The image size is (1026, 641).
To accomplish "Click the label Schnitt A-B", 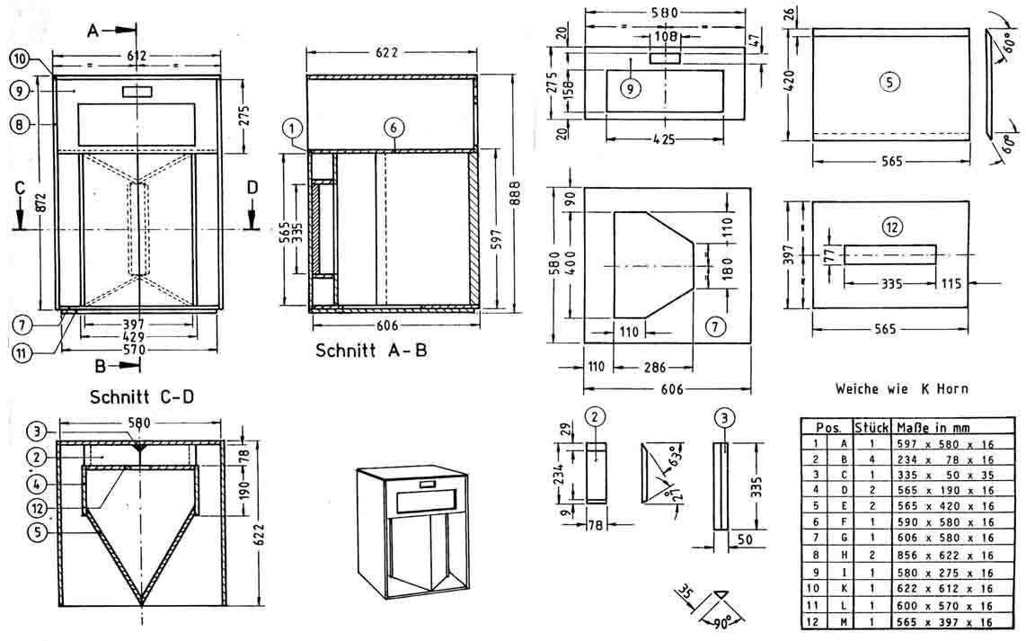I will tap(371, 350).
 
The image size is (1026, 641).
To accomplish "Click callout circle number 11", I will tap(22, 352).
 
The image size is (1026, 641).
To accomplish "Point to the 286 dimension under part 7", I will tap(652, 367).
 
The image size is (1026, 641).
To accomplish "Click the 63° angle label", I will tap(670, 462).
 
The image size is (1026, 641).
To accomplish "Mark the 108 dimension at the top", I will tap(665, 38).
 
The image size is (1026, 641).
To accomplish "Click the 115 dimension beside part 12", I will tap(951, 283).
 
